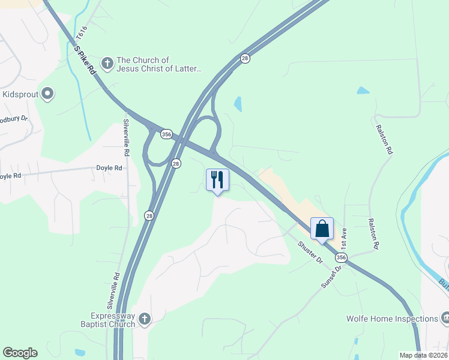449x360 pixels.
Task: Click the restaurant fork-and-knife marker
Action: pyautogui.click(x=217, y=180)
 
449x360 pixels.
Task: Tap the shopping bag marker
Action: pyautogui.click(x=322, y=229)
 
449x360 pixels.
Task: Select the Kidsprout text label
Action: pyautogui.click(x=20, y=94)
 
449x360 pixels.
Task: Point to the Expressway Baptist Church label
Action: pyautogui.click(x=113, y=320)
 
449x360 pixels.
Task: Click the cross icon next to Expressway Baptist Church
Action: pyautogui.click(x=144, y=320)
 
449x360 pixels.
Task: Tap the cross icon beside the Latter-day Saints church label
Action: pyautogui.click(x=107, y=62)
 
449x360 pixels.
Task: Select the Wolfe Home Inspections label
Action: pyautogui.click(x=392, y=319)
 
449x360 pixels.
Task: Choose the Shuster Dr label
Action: pyautogui.click(x=311, y=253)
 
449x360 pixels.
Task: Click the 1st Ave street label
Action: pyautogui.click(x=343, y=238)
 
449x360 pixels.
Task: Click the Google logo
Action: pyautogui.click(x=20, y=353)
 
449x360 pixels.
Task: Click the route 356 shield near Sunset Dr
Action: pyautogui.click(x=341, y=257)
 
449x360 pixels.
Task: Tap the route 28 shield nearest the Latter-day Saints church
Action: pyautogui.click(x=245, y=58)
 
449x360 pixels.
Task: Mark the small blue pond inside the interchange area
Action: pyautogui.click(x=238, y=104)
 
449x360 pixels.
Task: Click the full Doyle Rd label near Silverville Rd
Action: pyautogui.click(x=109, y=168)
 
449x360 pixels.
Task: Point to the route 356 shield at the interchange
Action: pyautogui.click(x=167, y=135)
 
